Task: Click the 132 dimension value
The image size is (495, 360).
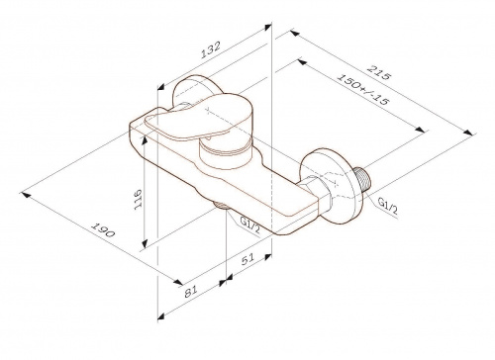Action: (210, 49)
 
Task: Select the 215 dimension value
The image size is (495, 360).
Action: (379, 72)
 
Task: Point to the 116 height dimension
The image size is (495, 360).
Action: (138, 199)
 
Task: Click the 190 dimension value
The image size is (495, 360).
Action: (103, 229)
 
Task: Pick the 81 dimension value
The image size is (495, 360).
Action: (190, 291)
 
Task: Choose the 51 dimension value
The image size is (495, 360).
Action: (248, 259)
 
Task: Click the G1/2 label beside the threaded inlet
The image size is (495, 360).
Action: (388, 207)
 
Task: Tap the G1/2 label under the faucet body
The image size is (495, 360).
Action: (250, 225)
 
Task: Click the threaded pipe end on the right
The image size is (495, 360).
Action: (362, 179)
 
